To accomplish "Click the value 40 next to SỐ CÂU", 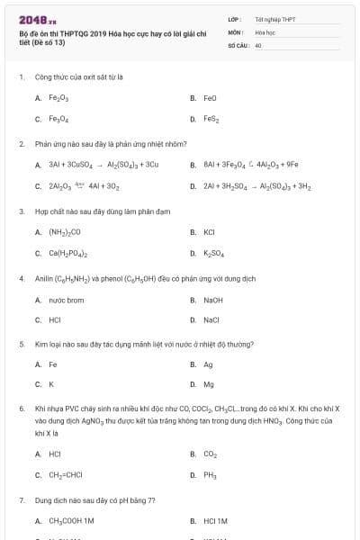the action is point(258,44).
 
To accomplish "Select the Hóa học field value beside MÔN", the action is point(265,31).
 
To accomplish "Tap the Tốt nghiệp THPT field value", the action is point(274,19).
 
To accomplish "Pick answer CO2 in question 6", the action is point(211,454).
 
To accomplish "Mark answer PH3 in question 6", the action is point(211,475).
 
